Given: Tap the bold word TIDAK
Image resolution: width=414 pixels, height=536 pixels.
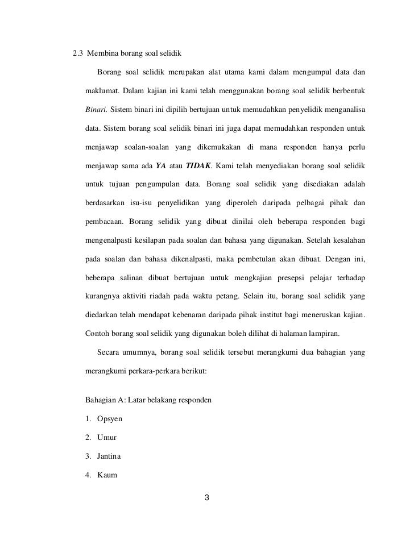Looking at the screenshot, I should pyautogui.click(x=198, y=165).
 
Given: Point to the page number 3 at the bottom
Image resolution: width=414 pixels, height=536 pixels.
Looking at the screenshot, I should pyautogui.click(x=207, y=498).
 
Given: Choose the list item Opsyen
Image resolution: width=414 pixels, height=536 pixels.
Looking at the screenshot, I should pyautogui.click(x=109, y=419).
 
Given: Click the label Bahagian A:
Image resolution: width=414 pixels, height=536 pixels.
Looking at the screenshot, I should pyautogui.click(x=105, y=400).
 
